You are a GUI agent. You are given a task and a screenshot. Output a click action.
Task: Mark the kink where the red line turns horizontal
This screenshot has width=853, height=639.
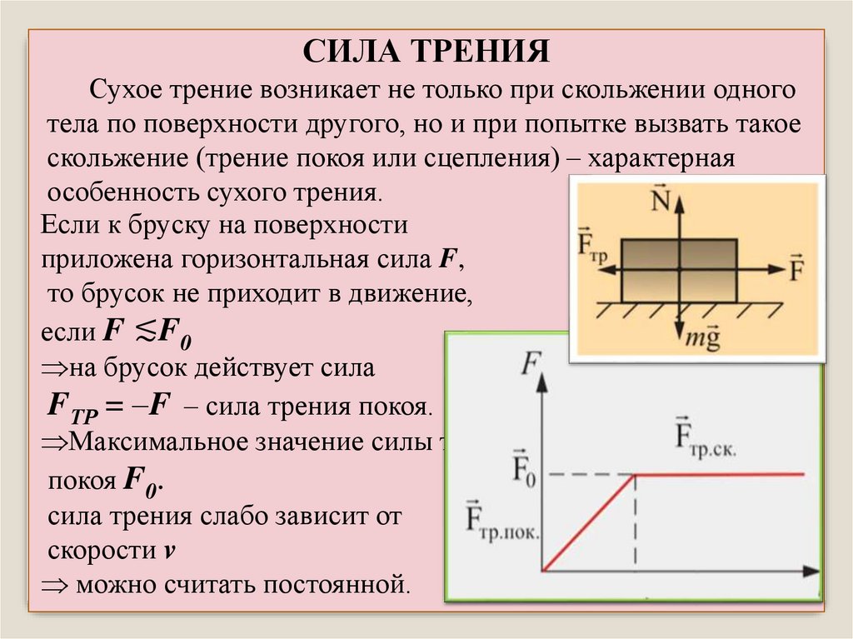pos(636,475)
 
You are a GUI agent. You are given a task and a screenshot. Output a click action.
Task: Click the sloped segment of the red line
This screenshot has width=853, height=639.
pos(587,523)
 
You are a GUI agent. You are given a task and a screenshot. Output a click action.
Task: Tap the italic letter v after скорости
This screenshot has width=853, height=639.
pos(170,551)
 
